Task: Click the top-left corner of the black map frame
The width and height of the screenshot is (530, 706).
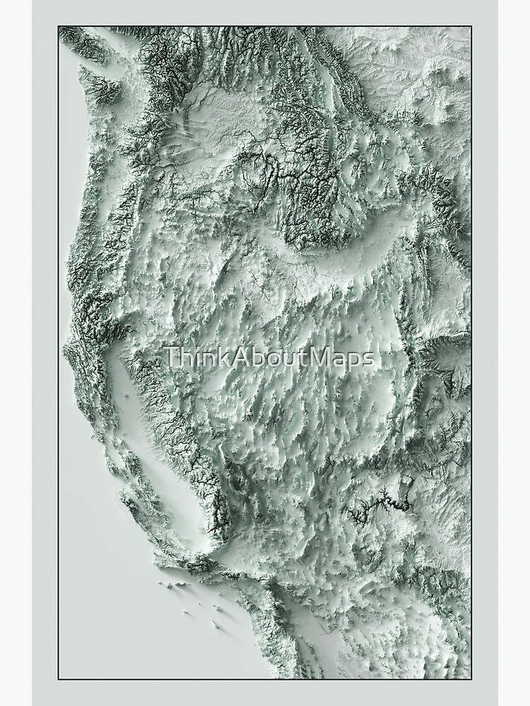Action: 59,27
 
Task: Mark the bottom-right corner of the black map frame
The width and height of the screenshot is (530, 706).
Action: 471,678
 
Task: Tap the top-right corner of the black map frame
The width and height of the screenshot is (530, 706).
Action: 471,27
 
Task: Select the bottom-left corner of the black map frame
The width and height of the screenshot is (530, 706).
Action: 59,678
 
